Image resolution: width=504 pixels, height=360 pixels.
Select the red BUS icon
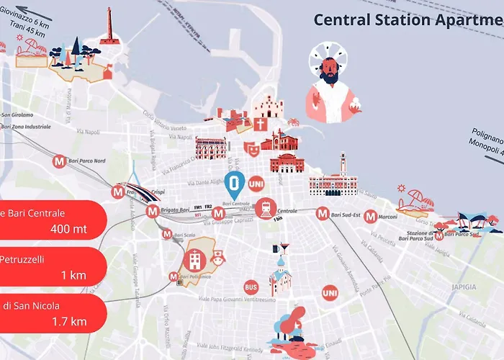point(251,287)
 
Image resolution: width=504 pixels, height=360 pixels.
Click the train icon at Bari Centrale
point(265,208)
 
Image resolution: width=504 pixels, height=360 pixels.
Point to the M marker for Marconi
point(370,215)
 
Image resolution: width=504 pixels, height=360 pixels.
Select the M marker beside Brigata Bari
point(152,212)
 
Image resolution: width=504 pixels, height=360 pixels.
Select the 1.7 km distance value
point(70,322)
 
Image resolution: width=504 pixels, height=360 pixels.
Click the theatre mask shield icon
point(251,148)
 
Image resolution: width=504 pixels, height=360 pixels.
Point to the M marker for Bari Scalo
point(167,234)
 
